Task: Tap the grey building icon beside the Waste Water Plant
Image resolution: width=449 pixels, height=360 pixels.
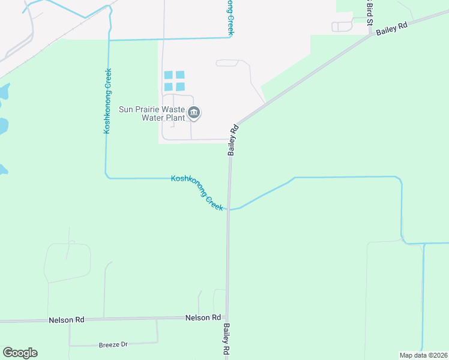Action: coord(194,112)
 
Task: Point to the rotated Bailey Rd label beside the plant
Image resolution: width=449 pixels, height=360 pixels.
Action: coord(234,140)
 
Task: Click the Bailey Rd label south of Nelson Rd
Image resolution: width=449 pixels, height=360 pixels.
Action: coord(227,340)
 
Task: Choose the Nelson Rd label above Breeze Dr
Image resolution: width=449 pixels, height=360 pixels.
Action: coord(66,320)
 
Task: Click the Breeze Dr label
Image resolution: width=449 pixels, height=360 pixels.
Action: coord(113,345)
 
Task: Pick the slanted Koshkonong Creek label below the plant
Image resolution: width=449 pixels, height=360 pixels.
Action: coord(197,192)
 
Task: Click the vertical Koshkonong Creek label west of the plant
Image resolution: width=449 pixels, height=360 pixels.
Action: coord(108,100)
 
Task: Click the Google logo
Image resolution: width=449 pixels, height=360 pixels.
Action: coord(20,353)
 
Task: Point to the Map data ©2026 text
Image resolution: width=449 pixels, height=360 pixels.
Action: coord(423,355)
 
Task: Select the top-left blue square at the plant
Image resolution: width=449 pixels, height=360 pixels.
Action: coord(169,75)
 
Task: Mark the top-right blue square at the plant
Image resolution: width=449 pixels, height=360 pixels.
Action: coord(180,75)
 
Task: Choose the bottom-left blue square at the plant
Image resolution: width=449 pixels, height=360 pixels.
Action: coord(169,86)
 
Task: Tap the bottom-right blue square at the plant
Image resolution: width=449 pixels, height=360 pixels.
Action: coord(180,86)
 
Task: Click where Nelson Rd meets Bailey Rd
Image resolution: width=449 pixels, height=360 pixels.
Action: coord(227,317)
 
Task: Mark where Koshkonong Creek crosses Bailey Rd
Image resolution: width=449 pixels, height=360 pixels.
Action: coord(228,209)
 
